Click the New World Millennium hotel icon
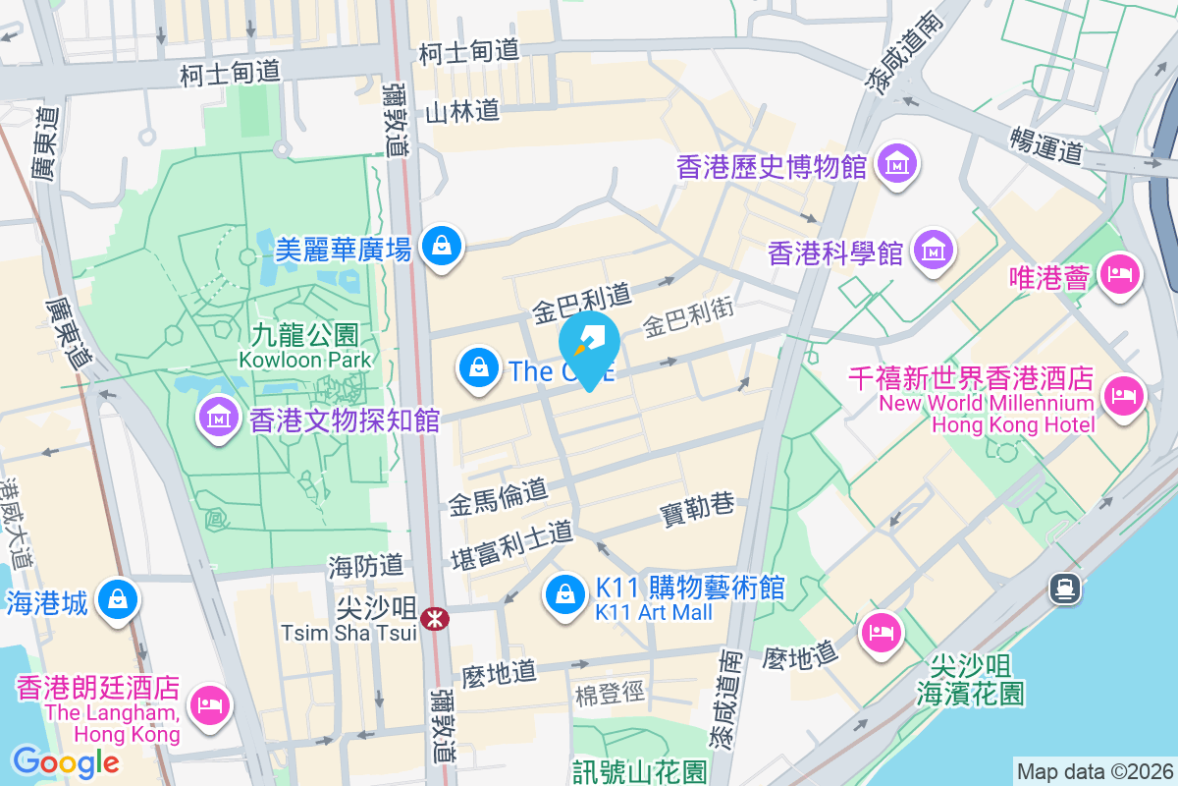click(1121, 396)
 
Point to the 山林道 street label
click(462, 112)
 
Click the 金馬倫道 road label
click(498, 497)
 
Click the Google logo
click(66, 762)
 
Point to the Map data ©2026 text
click(1094, 771)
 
